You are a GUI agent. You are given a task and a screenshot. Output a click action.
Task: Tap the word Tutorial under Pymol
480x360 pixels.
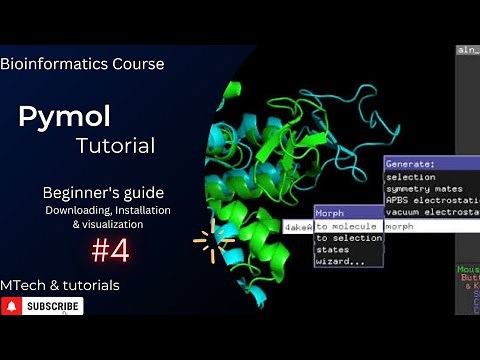pyautogui.click(x=115, y=146)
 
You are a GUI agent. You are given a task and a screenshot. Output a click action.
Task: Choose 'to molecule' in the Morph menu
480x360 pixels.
pyautogui.click(x=346, y=226)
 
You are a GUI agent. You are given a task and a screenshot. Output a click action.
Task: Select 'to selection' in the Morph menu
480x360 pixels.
pyautogui.click(x=349, y=238)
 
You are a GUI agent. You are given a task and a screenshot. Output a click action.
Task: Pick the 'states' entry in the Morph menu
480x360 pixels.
pyautogui.click(x=334, y=250)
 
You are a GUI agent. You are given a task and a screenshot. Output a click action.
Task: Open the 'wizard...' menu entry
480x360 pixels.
pyautogui.click(x=338, y=262)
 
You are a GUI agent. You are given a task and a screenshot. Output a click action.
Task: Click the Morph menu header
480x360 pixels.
pyautogui.click(x=330, y=213)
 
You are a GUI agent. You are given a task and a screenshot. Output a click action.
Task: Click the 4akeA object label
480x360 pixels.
pyautogui.click(x=298, y=227)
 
